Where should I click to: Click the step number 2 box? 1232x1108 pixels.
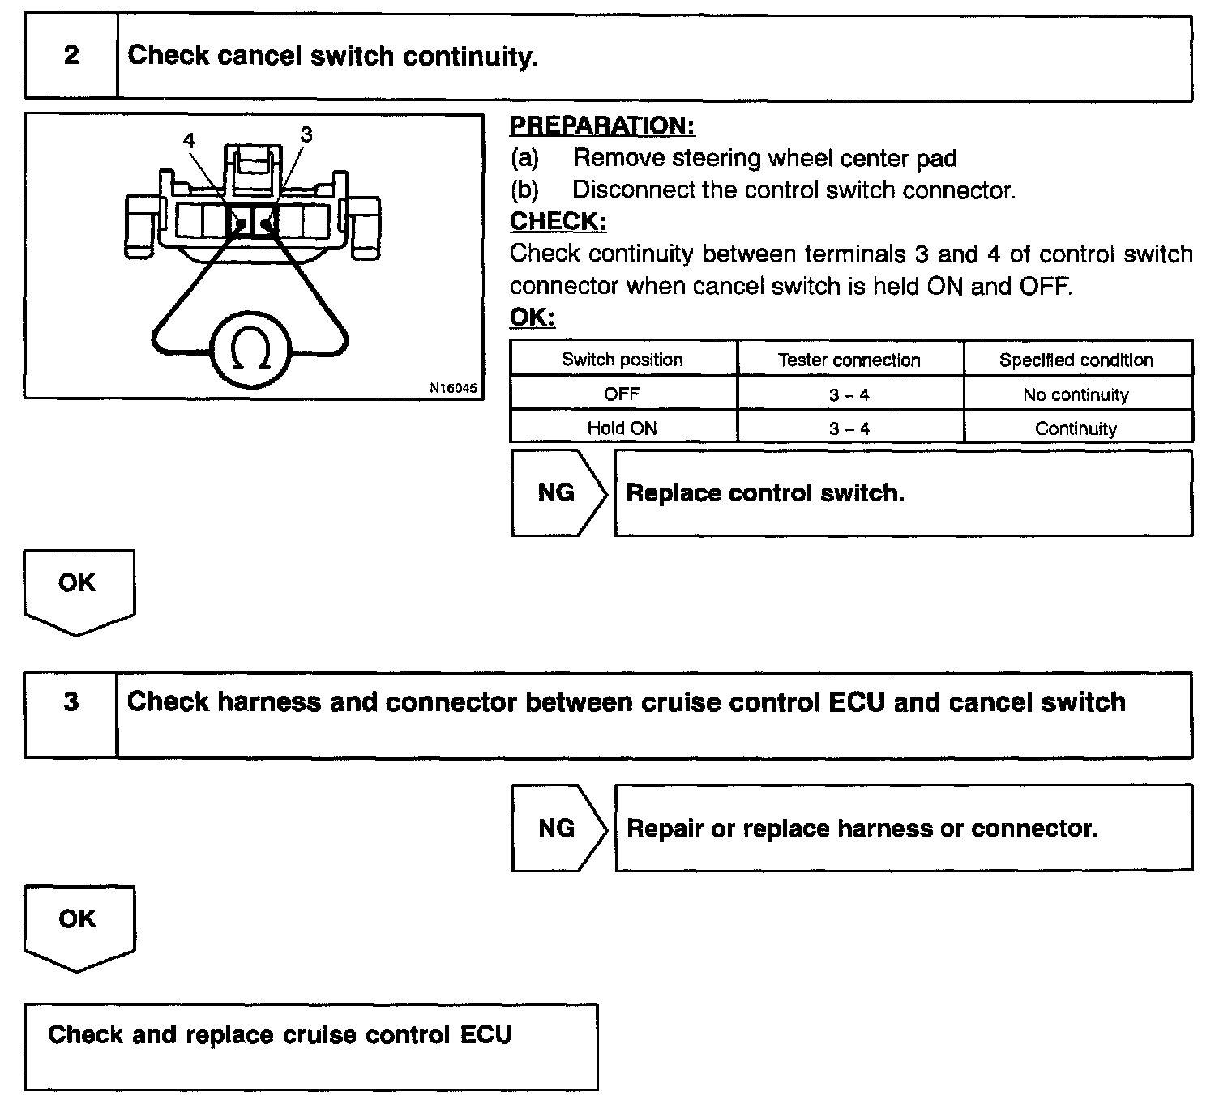pyautogui.click(x=71, y=57)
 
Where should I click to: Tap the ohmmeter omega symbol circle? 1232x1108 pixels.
pyautogui.click(x=250, y=352)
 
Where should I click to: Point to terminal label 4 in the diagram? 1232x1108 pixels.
pyautogui.click(x=189, y=140)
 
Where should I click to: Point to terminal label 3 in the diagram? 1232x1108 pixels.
pyautogui.click(x=306, y=135)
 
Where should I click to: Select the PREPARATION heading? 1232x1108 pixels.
pyautogui.click(x=602, y=126)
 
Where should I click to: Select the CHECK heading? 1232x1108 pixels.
pyautogui.click(x=558, y=221)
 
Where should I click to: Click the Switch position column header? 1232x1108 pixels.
pyautogui.click(x=622, y=360)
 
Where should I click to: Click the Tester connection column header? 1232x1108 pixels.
pyautogui.click(x=849, y=360)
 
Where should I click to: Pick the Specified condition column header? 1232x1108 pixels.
pyautogui.click(x=1076, y=360)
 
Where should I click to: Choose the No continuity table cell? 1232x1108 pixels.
pyautogui.click(x=1076, y=394)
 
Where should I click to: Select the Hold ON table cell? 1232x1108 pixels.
pyautogui.click(x=622, y=428)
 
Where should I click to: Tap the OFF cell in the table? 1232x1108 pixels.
pyautogui.click(x=622, y=394)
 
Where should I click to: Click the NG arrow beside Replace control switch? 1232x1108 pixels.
pyautogui.click(x=558, y=492)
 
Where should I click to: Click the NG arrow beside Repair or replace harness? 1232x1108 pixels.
pyautogui.click(x=558, y=828)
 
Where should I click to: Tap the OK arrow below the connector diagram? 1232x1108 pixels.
pyautogui.click(x=79, y=590)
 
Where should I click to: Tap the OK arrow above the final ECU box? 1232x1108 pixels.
pyautogui.click(x=79, y=926)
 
